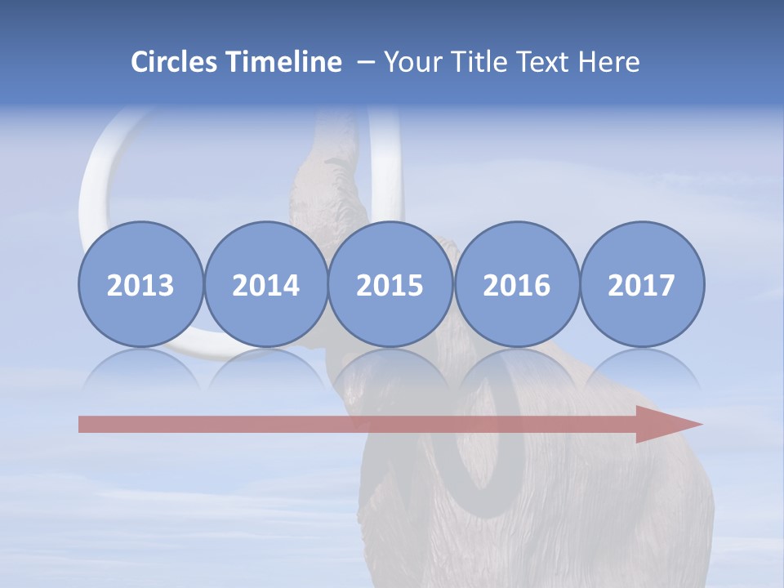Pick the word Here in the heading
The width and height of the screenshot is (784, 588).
coord(609,62)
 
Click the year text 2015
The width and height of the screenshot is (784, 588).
coord(390,285)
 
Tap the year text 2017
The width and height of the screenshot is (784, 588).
coord(642,285)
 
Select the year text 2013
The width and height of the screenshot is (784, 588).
coord(140,285)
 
